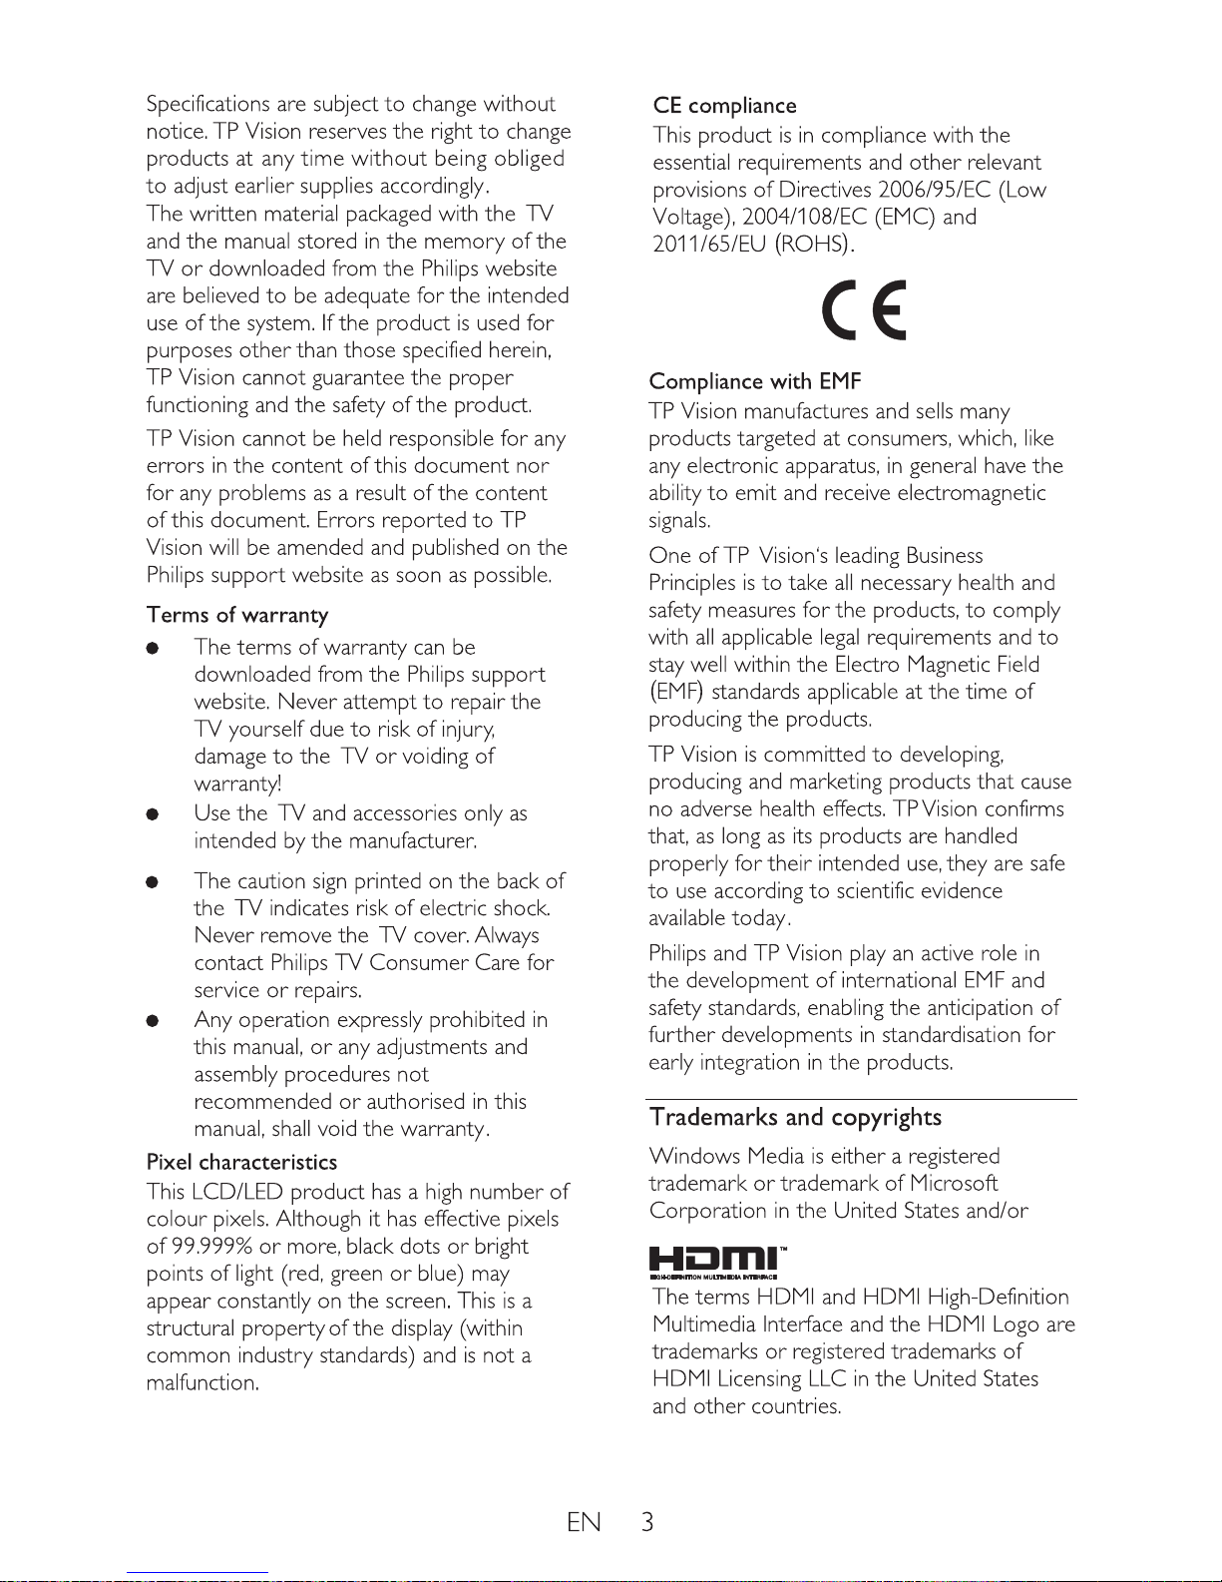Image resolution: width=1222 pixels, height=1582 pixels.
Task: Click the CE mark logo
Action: click(864, 309)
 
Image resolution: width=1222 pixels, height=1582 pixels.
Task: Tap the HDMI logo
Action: click(720, 1261)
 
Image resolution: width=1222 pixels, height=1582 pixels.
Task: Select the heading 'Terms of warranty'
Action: click(237, 615)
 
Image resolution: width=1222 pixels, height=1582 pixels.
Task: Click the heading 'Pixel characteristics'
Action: click(241, 1162)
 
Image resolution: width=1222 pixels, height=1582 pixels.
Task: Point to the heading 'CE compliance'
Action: click(724, 106)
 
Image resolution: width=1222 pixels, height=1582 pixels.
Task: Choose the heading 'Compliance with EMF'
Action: click(754, 381)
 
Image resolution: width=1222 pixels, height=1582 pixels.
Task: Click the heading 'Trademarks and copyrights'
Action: click(795, 1118)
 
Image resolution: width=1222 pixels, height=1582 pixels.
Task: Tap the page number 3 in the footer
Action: click(647, 1522)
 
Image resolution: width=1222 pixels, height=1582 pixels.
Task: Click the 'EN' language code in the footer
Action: click(584, 1522)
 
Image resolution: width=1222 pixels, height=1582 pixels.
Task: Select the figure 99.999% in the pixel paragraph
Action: click(211, 1247)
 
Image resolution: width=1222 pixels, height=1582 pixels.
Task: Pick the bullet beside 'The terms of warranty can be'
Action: click(153, 648)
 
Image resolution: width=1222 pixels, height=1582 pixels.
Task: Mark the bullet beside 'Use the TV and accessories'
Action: click(153, 814)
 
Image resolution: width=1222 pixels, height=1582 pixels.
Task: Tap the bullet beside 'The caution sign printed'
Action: click(153, 882)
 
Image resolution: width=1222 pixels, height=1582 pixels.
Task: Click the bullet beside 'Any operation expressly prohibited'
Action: click(153, 1021)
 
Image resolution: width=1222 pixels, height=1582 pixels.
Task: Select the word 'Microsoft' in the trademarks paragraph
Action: click(954, 1184)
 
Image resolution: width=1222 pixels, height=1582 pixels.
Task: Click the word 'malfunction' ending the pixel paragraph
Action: click(202, 1383)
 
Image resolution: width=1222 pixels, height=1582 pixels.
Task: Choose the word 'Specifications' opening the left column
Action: click(207, 105)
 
